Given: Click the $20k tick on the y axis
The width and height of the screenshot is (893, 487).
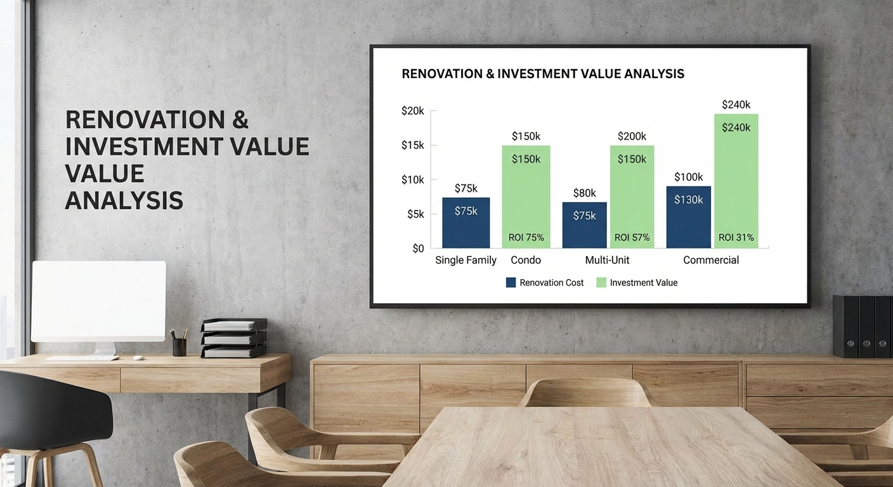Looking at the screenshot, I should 413,111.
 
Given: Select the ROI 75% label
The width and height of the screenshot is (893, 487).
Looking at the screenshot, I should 526,238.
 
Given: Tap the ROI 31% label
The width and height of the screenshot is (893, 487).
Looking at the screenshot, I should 736,238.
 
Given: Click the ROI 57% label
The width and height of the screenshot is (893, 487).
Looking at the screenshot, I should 632,238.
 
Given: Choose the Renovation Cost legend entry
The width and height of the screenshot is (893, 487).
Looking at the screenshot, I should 545,283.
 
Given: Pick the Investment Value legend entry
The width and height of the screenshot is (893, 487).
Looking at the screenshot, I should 637,283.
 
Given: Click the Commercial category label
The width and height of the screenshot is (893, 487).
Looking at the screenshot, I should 710,260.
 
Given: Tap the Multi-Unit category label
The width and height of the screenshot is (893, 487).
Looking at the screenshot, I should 607,260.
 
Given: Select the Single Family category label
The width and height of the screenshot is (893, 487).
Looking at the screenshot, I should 466,260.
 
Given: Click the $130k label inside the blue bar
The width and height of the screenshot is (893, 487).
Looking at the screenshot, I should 688,200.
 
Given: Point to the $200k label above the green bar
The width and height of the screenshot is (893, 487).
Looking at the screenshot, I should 632,136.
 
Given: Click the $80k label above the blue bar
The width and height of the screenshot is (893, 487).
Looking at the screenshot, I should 584,193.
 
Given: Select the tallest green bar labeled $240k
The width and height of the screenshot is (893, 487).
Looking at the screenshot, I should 736,184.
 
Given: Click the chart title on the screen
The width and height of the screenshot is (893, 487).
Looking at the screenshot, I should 543,74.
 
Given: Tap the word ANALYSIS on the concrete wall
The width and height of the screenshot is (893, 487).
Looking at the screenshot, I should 124,201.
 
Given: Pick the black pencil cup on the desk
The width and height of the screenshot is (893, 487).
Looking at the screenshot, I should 179,346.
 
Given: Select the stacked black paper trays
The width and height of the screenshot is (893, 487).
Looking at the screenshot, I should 233,339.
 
